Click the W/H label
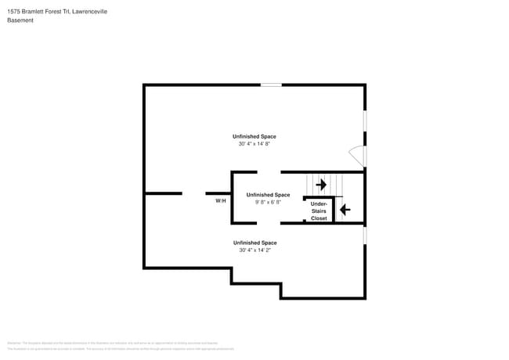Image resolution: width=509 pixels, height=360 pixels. tap(221, 201)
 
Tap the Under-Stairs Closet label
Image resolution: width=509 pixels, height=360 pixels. tap(319, 211)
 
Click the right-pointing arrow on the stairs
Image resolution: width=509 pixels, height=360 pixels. tap(321, 185)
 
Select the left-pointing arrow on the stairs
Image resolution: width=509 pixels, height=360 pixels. tap(344, 210)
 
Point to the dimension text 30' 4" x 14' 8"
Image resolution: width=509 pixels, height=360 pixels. tap(257, 144)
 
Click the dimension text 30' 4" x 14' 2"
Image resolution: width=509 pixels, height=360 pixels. tap(257, 250)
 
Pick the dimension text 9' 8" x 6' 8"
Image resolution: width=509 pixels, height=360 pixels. tap(268, 202)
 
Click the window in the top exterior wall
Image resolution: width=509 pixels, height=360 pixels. tap(271, 85)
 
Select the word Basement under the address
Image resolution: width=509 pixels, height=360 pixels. tap(20, 20)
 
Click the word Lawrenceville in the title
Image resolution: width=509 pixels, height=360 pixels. tap(86, 12)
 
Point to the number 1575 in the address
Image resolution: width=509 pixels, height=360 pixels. tap(15, 12)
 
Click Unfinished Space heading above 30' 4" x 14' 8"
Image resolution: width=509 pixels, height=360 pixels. tap(254, 136)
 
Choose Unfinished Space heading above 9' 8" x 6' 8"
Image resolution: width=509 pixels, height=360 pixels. tap(268, 194)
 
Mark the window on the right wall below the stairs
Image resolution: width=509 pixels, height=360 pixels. tap(365, 235)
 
